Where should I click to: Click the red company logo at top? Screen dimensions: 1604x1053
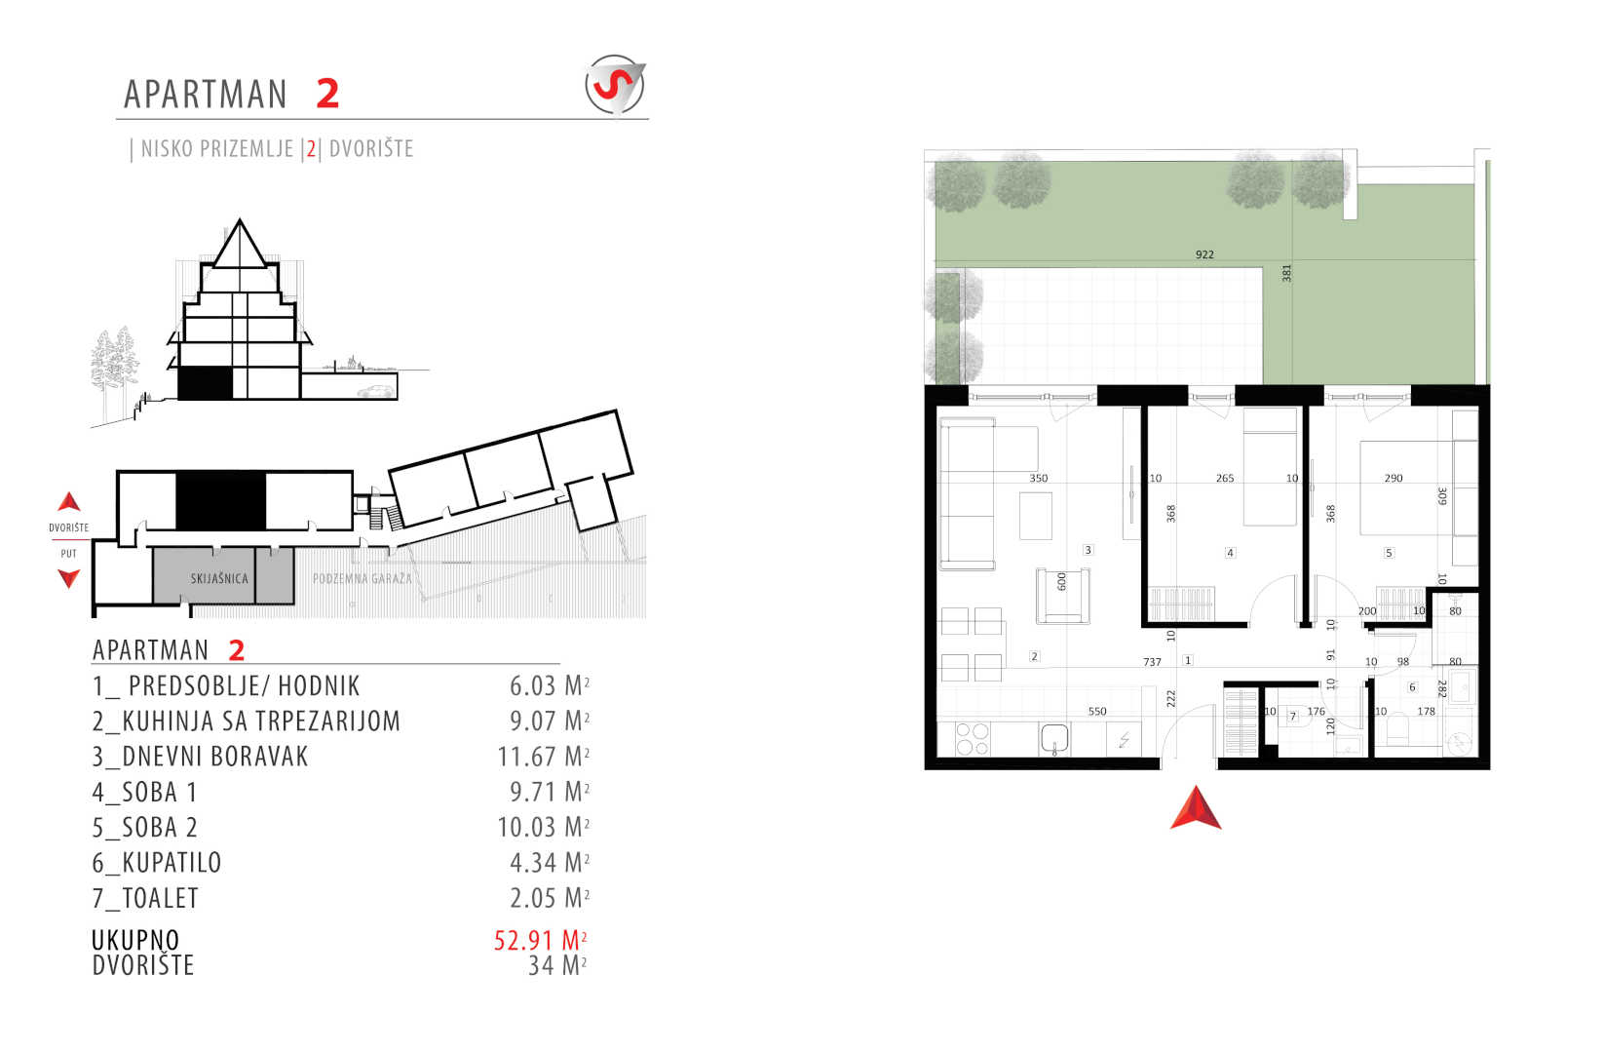(615, 85)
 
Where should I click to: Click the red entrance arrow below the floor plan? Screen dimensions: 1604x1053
(1196, 807)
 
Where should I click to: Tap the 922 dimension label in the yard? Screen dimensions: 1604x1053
(1204, 254)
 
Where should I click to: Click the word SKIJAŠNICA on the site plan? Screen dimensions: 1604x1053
(219, 578)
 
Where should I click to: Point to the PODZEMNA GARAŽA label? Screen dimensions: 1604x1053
(363, 578)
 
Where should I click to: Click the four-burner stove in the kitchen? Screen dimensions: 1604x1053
(973, 739)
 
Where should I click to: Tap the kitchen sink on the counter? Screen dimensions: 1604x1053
(1054, 738)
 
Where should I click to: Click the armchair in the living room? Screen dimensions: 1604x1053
(1062, 596)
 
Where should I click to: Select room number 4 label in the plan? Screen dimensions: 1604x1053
(1230, 552)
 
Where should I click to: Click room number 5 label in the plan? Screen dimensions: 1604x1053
(1390, 552)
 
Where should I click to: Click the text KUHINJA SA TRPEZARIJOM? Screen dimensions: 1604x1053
(261, 721)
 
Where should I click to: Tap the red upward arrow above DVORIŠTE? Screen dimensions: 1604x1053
(69, 501)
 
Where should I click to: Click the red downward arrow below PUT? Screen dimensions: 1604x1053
(69, 577)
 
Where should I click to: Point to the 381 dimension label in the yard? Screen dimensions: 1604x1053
(1286, 273)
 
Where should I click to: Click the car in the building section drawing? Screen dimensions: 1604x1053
(376, 391)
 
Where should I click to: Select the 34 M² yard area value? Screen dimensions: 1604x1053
(557, 965)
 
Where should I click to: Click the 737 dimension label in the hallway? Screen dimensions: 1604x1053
(1152, 662)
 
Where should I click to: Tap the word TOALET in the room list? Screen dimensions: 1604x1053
(161, 898)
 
